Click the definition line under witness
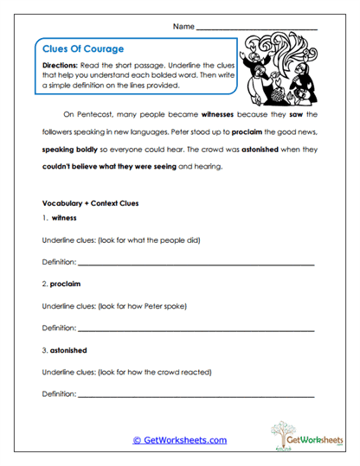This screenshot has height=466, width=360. tap(196, 262)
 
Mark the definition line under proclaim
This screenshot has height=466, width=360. tap(196, 329)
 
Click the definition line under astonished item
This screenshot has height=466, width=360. tap(196, 396)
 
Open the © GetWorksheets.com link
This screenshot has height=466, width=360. tap(179, 440)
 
